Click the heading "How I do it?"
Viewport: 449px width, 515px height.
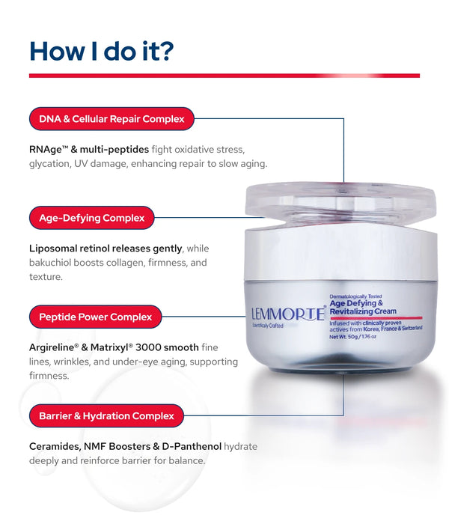[x=101, y=51]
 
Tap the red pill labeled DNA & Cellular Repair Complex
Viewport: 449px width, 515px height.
[x=112, y=118]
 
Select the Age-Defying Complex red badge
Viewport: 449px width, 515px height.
[x=91, y=218]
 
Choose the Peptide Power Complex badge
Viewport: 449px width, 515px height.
[x=96, y=317]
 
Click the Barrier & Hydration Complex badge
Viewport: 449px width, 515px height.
[x=106, y=415]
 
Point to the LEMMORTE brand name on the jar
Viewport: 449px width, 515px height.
[x=288, y=314]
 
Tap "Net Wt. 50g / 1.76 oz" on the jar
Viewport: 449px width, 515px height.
[x=352, y=337]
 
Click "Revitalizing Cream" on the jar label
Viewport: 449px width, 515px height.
[x=363, y=311]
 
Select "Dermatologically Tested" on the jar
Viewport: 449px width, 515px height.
[x=355, y=296]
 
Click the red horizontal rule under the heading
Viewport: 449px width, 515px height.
[x=224, y=76]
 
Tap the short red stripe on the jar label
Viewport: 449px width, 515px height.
[x=376, y=318]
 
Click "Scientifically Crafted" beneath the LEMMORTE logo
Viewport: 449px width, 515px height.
[x=268, y=326]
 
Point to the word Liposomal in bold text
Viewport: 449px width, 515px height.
[x=53, y=249]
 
